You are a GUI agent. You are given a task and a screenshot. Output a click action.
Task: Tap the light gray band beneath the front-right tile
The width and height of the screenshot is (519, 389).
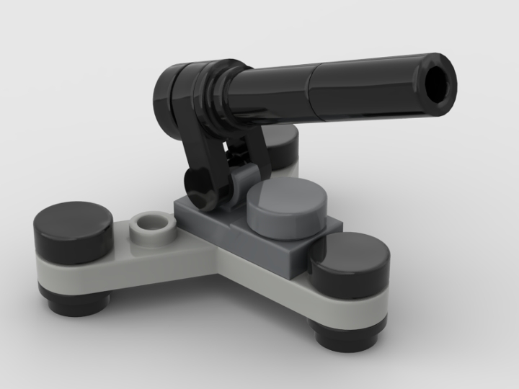coord(346,306)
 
